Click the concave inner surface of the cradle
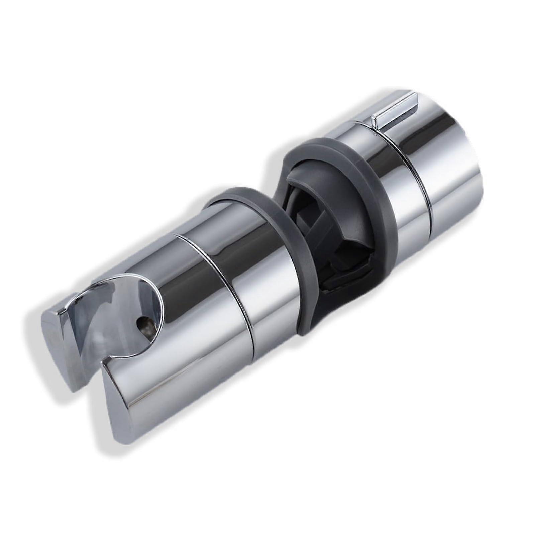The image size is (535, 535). tap(110, 321)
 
